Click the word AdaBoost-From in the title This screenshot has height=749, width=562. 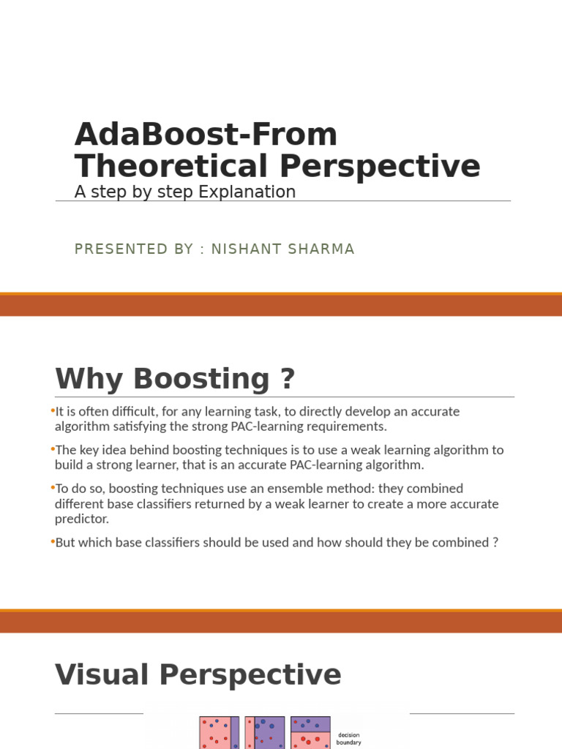(x=206, y=135)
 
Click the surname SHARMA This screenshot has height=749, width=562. (x=322, y=249)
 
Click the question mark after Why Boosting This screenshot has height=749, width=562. (x=287, y=379)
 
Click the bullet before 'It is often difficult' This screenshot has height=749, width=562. (x=53, y=411)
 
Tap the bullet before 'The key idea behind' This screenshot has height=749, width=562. (x=53, y=449)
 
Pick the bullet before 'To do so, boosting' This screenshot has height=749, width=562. (x=53, y=488)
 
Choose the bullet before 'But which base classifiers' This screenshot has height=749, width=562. (x=53, y=542)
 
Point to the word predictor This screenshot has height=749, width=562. (x=81, y=519)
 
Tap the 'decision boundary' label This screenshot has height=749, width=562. (x=348, y=739)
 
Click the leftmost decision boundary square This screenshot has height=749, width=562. (x=219, y=733)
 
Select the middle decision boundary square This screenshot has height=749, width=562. (x=264, y=733)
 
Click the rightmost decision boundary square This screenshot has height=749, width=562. (x=310, y=733)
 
